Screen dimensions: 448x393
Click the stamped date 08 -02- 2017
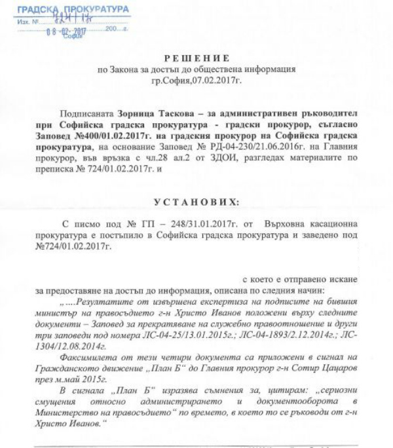[66, 31]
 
